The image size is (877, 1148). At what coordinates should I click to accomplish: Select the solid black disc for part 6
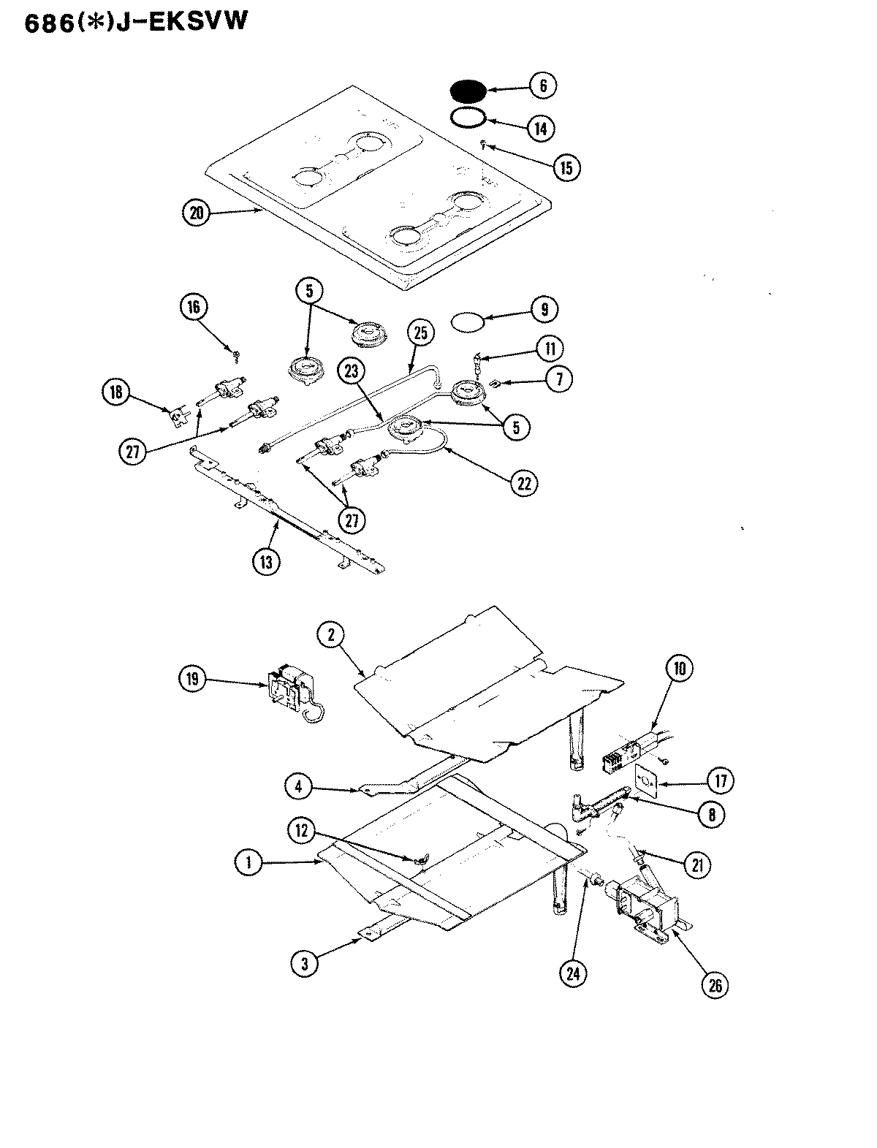[467, 91]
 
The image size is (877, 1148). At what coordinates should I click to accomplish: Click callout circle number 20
[196, 213]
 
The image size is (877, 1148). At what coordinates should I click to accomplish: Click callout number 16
[194, 307]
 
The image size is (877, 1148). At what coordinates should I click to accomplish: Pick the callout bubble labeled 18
[115, 393]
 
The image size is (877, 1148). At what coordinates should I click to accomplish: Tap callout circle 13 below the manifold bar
[265, 562]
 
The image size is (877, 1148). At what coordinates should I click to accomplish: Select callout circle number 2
[331, 636]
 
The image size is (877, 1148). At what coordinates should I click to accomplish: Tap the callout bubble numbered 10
[679, 669]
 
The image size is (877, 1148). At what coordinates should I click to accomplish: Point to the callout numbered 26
[714, 985]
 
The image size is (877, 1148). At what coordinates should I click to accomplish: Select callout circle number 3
[305, 963]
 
